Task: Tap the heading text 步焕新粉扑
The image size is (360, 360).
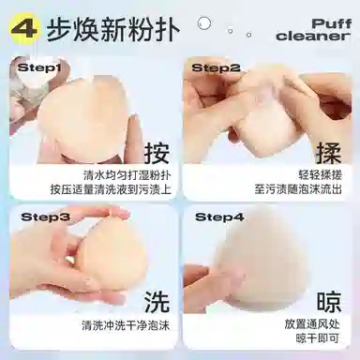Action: pyautogui.click(x=113, y=30)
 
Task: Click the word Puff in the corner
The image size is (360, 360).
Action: pyautogui.click(x=331, y=23)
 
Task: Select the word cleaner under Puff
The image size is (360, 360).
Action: pyautogui.click(x=313, y=36)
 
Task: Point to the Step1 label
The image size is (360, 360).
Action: pyautogui.click(x=38, y=67)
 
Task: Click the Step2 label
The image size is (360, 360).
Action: pyautogui.click(x=216, y=67)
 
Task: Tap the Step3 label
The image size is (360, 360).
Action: pyautogui.click(x=45, y=217)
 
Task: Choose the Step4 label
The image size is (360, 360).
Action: pyautogui.click(x=219, y=217)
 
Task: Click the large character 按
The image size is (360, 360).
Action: pyautogui.click(x=157, y=153)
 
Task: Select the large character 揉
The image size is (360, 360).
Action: pyautogui.click(x=328, y=153)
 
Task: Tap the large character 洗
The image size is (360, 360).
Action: pyautogui.click(x=157, y=302)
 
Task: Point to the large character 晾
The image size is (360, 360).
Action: pyautogui.click(x=328, y=302)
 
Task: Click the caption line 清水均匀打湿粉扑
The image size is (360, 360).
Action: pyautogui.click(x=127, y=175)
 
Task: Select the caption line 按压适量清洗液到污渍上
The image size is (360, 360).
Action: pyautogui.click(x=111, y=189)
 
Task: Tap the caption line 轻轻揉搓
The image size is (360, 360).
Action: pyautogui.click(x=320, y=175)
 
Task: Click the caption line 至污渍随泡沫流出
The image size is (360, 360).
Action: pyautogui.click(x=298, y=189)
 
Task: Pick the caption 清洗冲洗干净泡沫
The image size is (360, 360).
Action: pyautogui.click(x=126, y=325)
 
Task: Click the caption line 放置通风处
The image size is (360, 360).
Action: pyautogui.click(x=312, y=324)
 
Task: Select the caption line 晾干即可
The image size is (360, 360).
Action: pyautogui.click(x=318, y=338)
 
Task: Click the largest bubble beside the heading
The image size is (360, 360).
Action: pyautogui.click(x=203, y=23)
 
